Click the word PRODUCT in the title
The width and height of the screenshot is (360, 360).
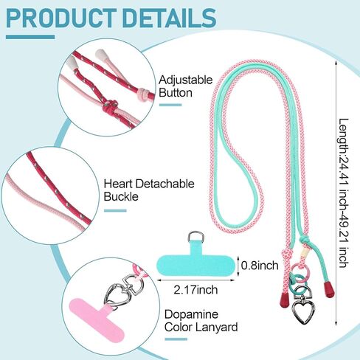pyautogui.click(x=61, y=18)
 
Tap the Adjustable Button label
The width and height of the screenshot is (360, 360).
pyautogui.click(x=185, y=86)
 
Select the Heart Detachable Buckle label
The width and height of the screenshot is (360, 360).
pyautogui.click(x=149, y=190)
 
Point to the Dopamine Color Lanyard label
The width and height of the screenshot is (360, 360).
pyautogui.click(x=201, y=321)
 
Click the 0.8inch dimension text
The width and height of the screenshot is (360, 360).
pyautogui.click(x=260, y=266)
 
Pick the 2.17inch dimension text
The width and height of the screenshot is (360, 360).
pyautogui.click(x=195, y=290)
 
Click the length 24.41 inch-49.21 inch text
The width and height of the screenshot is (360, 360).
pyautogui.click(x=344, y=193)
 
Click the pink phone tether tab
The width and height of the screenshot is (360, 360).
pyautogui.click(x=98, y=319)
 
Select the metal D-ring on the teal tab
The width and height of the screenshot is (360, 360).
pyautogui.click(x=195, y=237)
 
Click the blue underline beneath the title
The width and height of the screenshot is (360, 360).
pyautogui.click(x=30, y=37)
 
